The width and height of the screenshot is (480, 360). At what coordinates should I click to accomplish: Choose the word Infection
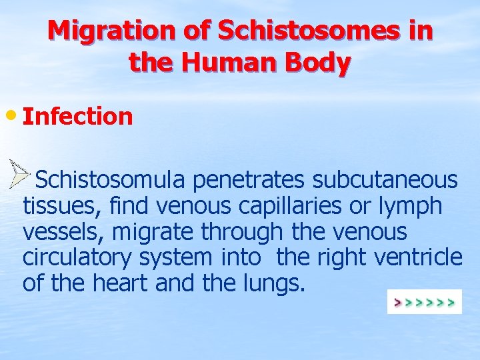coord(78,116)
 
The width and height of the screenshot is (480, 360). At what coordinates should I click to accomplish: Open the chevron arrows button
coord(424,302)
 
